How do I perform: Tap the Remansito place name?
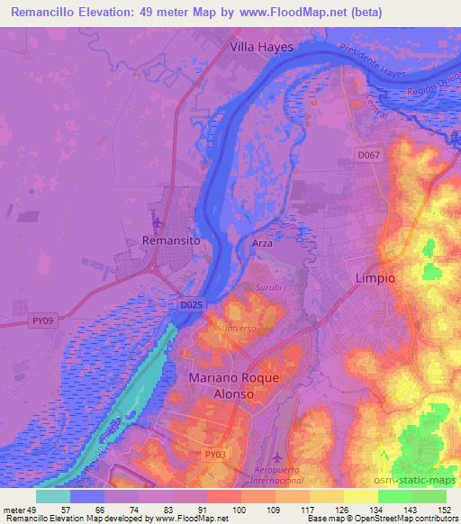pyautogui.click(x=170, y=241)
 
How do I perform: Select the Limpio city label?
pyautogui.click(x=375, y=278)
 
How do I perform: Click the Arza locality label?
pyautogui.click(x=262, y=244)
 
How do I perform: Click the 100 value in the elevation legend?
pyautogui.click(x=240, y=510)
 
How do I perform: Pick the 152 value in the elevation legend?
pyautogui.click(x=445, y=510)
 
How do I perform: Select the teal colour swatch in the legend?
pyautogui.click(x=53, y=495)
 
